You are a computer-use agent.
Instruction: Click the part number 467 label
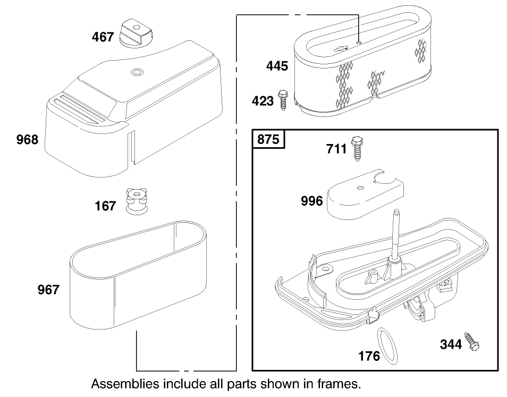pyautogui.click(x=103, y=37)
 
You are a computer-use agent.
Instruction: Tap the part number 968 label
pyautogui.click(x=27, y=140)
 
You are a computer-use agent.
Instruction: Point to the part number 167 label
pyautogui.click(x=105, y=206)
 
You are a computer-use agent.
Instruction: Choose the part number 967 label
pyautogui.click(x=48, y=290)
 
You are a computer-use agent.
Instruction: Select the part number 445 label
pyautogui.click(x=277, y=66)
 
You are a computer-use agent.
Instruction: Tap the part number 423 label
pyautogui.click(x=263, y=100)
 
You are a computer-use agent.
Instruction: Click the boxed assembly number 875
pyautogui.click(x=268, y=139)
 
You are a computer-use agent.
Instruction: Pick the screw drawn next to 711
pyautogui.click(x=357, y=148)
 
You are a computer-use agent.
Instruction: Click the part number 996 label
pyautogui.click(x=311, y=201)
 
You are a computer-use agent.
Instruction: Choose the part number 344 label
pyautogui.click(x=451, y=344)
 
